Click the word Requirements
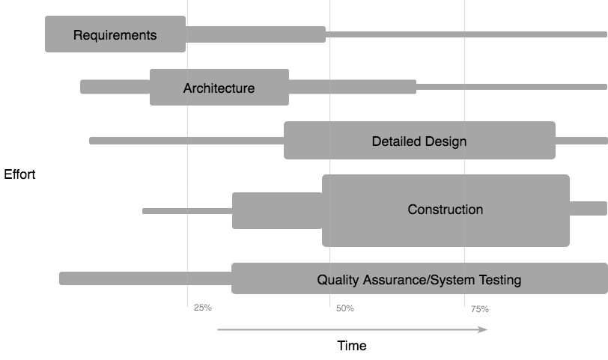pos(115,35)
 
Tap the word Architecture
pos(219,88)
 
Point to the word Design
pos(445,141)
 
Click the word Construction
pos(445,210)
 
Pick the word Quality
pos(338,281)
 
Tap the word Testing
pos(499,281)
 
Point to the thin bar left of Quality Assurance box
pos(145,278)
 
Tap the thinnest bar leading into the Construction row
pos(186,211)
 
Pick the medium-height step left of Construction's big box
pos(276,210)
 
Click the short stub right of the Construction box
pos(588,209)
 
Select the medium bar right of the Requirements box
pos(255,34)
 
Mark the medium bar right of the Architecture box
pos(352,88)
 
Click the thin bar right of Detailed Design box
pos(581,141)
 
